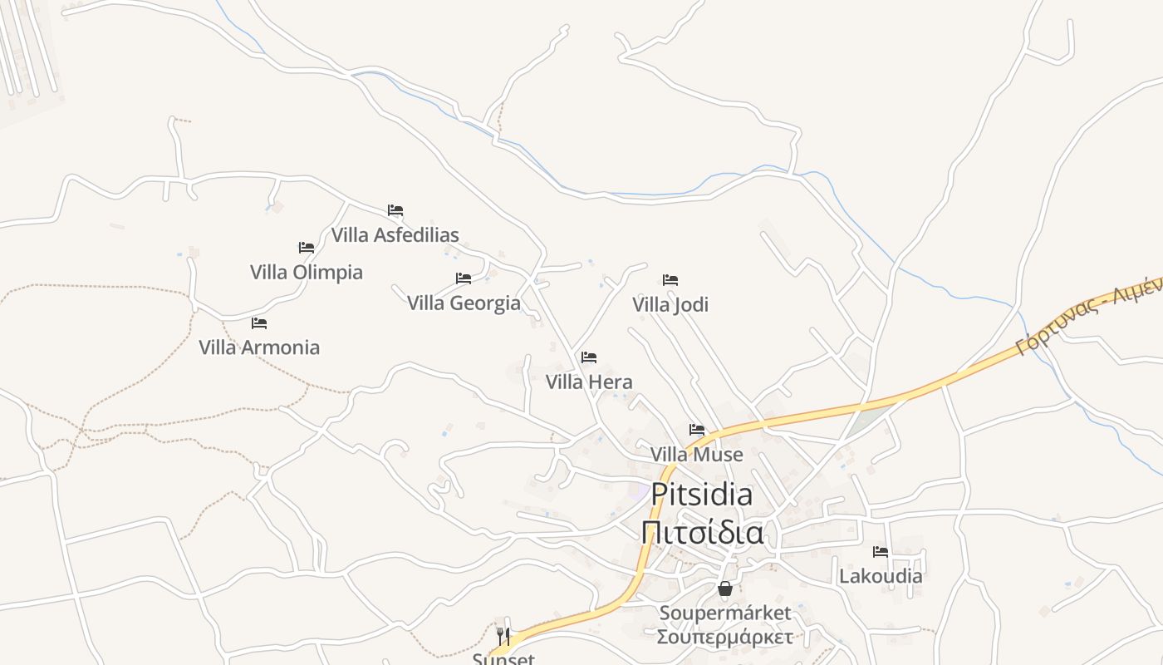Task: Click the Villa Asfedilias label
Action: point(395,235)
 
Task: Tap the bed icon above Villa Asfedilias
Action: point(395,210)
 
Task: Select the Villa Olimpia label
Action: point(307,273)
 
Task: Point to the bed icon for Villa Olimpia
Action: point(307,248)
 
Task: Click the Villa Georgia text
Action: point(464,303)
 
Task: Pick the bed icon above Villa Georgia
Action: point(464,278)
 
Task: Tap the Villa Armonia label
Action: point(259,347)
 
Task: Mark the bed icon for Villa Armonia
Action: point(259,323)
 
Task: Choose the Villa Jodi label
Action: point(670,305)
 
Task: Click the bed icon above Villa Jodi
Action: point(670,280)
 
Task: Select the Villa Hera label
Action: point(589,382)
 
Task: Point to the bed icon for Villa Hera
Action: point(589,357)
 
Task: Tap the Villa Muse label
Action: point(697,455)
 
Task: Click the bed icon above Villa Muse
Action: point(697,430)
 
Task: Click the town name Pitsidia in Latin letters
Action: point(702,494)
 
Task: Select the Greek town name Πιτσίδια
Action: point(703,531)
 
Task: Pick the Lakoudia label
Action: point(881,576)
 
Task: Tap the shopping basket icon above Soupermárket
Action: point(725,589)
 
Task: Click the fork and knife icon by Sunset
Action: point(503,637)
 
